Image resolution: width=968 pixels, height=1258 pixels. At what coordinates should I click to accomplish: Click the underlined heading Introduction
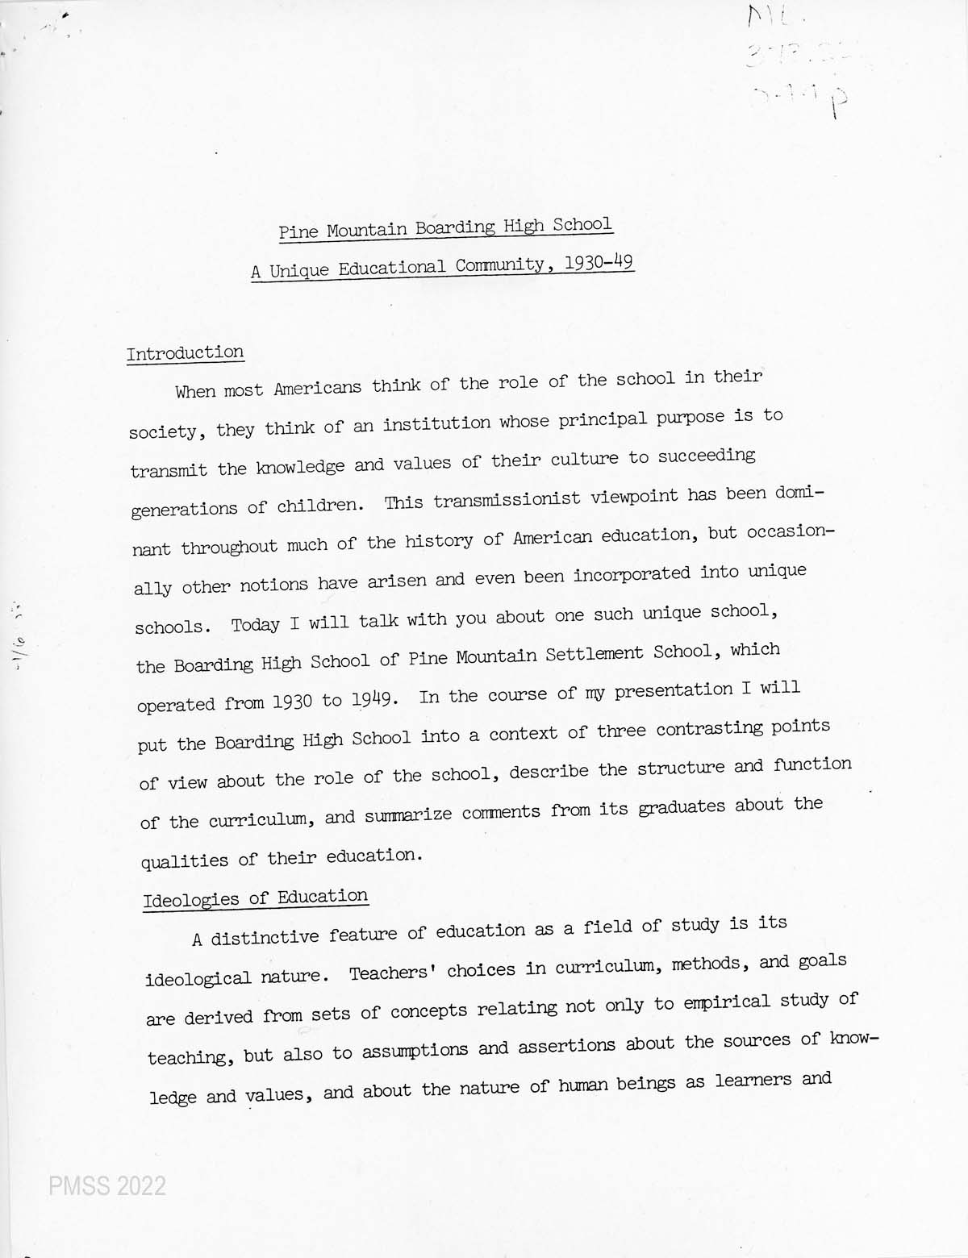185,353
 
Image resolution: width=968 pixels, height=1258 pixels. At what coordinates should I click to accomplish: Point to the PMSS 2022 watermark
107,1185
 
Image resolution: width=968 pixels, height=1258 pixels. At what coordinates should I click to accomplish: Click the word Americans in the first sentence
317,388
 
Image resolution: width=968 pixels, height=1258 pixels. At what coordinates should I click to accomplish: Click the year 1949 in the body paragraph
374,699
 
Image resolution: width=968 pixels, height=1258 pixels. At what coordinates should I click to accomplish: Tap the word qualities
185,860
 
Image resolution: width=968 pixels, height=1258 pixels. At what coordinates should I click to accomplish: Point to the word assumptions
415,1050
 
